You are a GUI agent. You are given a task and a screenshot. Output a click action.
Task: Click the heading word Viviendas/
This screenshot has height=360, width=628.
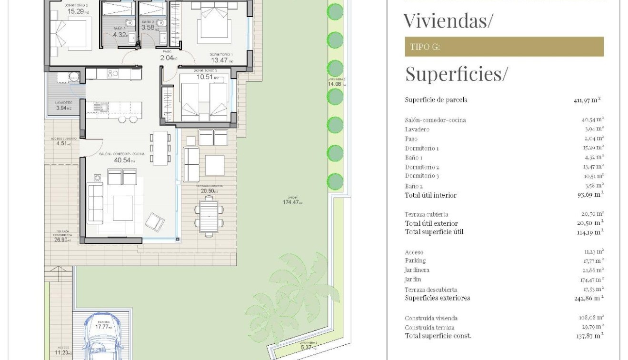point(448,21)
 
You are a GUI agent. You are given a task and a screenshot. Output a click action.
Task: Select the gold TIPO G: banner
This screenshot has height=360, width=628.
point(504,47)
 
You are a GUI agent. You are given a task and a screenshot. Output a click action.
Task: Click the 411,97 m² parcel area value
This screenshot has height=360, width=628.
point(587,100)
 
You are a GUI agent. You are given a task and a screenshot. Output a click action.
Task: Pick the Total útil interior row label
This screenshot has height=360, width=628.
point(430,195)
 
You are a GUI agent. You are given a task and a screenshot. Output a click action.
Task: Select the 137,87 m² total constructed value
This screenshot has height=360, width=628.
point(589,336)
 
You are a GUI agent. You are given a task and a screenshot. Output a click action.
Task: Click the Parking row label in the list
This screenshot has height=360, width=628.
point(415,261)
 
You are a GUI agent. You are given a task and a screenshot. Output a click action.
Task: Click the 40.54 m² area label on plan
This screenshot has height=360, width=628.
point(124,160)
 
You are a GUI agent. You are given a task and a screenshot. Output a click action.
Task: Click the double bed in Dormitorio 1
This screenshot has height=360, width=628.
point(214,23)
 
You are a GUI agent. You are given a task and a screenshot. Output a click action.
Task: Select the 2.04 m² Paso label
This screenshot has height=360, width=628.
point(169,58)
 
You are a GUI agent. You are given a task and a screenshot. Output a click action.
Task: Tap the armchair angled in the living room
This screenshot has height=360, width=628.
point(155,222)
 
